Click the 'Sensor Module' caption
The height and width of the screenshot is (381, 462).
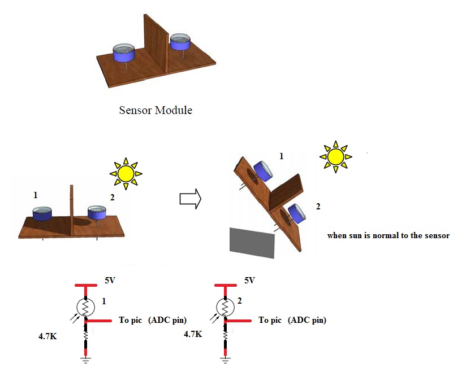coord(156,110)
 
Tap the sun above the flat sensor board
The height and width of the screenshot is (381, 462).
coord(126,173)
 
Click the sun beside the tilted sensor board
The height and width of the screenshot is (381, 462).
coord(335,155)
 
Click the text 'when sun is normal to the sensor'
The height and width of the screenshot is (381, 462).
coord(388,235)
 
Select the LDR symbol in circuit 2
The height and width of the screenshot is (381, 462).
coord(226,308)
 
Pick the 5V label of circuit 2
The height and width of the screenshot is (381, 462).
coord(249,280)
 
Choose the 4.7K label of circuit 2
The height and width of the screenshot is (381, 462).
coord(193,334)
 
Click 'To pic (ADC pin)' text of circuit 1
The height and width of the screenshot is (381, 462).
coord(152,320)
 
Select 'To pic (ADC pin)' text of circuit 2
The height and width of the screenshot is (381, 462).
coord(292,320)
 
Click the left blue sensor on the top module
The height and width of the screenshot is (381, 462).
coord(124,54)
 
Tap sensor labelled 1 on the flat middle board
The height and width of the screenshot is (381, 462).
coord(42,214)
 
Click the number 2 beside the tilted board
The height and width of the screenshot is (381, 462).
coord(318,207)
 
